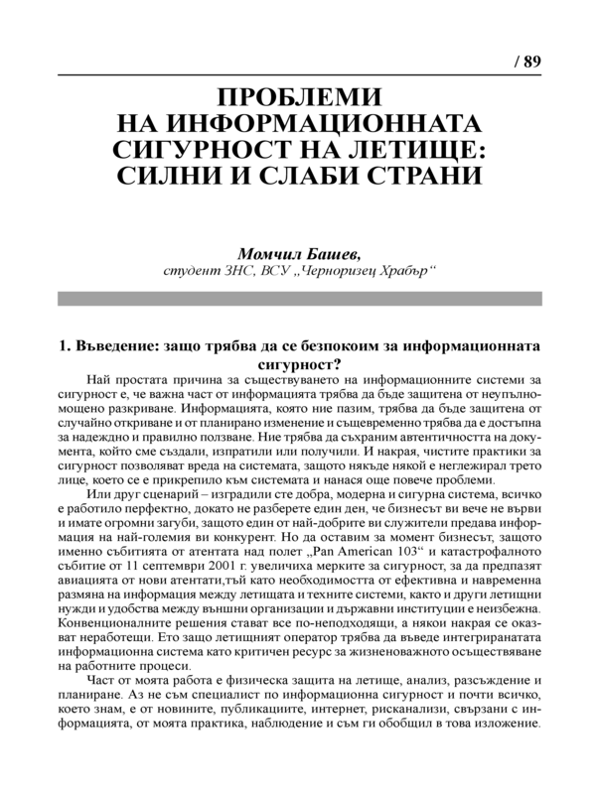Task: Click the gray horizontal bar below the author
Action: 299,298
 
